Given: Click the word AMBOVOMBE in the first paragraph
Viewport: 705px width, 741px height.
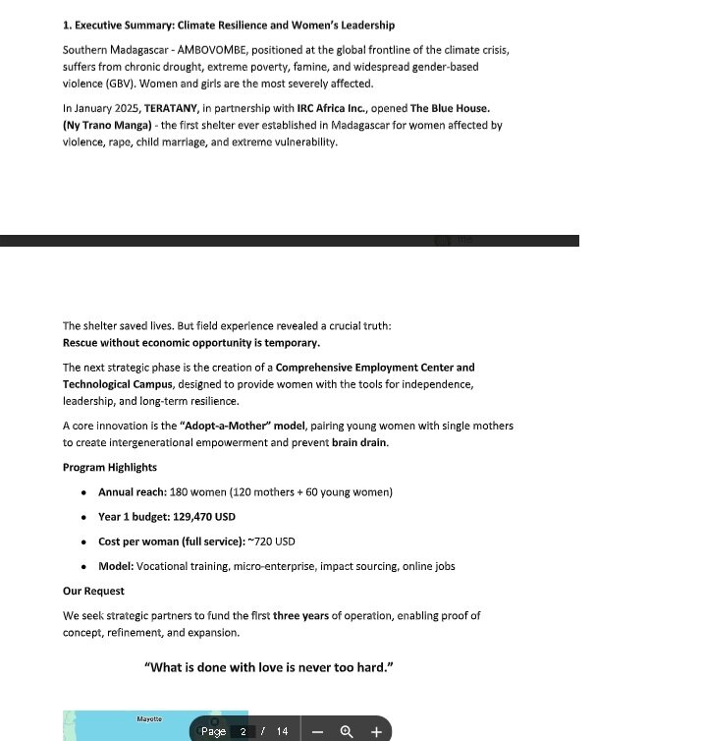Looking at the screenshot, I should pos(212,50).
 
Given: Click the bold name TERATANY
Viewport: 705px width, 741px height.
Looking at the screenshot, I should pos(172,108).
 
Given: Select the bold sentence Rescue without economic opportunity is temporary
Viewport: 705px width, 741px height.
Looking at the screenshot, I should pos(190,343).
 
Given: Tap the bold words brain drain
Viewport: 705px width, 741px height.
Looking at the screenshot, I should pos(358,442).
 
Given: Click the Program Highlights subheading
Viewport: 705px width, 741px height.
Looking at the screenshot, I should pos(110,468).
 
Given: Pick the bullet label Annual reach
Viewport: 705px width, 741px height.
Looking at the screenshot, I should pos(131,492).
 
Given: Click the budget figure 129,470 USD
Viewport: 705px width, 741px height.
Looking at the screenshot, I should pos(204,517).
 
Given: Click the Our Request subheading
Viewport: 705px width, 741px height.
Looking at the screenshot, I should pos(93,591).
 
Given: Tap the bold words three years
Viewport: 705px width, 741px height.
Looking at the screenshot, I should pos(300,616).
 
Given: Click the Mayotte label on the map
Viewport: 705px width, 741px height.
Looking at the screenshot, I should pos(149,719).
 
